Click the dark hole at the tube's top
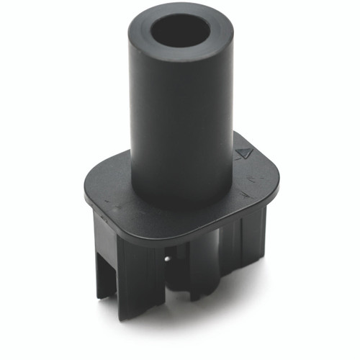coord(181,30)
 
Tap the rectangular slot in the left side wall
coord(109,274)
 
